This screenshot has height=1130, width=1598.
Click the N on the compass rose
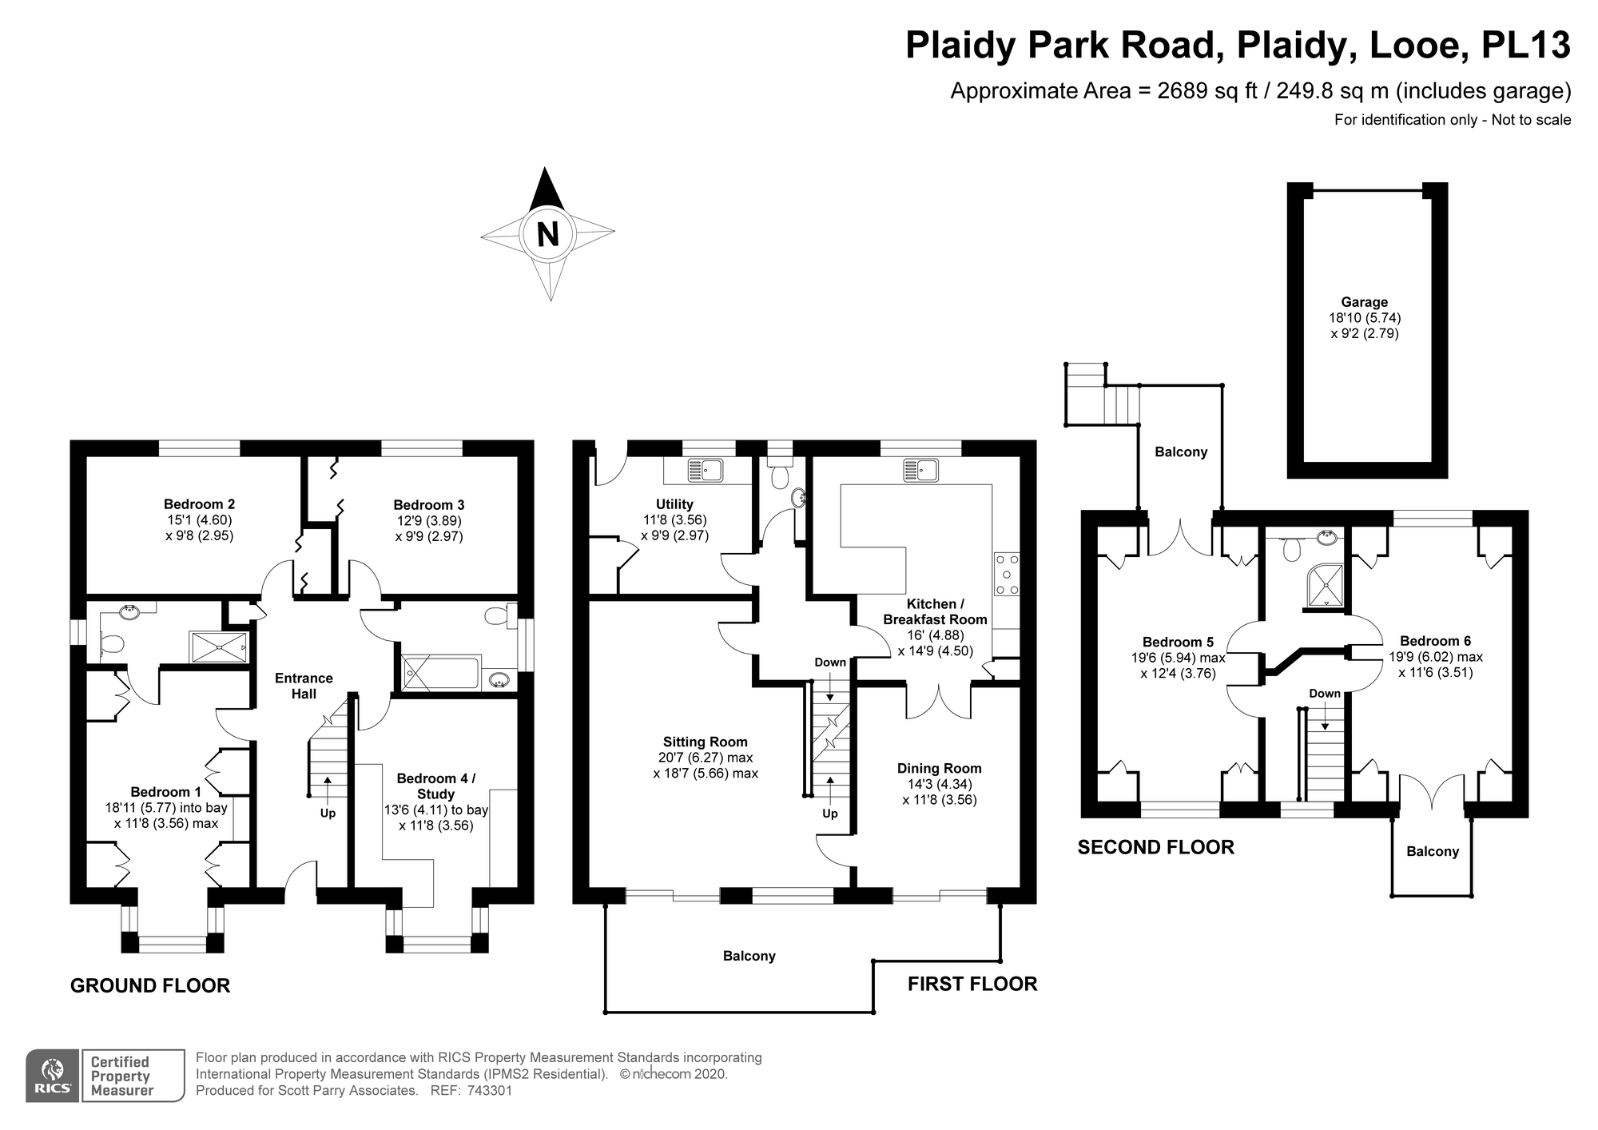tap(547, 234)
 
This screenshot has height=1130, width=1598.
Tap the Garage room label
tap(1364, 302)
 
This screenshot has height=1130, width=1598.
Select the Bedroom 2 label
tap(199, 504)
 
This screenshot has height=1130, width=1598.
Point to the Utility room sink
tap(705, 470)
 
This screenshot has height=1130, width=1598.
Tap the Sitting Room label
tap(705, 742)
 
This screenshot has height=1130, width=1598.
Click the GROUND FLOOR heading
tap(150, 985)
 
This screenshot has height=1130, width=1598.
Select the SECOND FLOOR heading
tap(1155, 847)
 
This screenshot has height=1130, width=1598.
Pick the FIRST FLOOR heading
tap(972, 984)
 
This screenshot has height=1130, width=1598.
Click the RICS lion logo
tap(53, 1071)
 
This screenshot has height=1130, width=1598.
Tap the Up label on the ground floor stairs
tap(328, 814)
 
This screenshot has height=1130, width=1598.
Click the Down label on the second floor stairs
tap(1324, 694)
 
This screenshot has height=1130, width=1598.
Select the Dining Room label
tap(939, 768)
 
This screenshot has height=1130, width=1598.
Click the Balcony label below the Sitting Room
tap(749, 956)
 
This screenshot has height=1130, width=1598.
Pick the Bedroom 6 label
tap(1435, 641)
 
